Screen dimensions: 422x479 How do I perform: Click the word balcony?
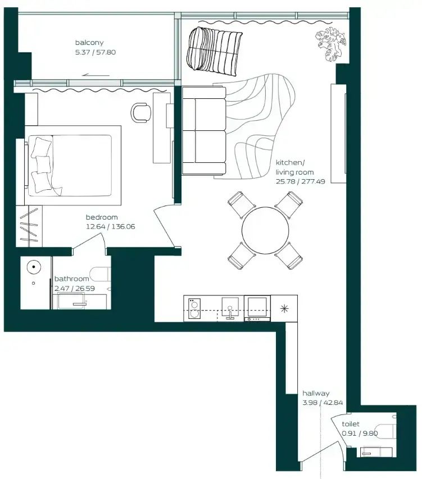point(89,43)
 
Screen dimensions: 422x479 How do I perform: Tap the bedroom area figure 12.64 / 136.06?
point(110,227)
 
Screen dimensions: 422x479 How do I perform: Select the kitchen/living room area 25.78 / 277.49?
point(301,181)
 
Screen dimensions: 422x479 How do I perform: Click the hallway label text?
point(316,394)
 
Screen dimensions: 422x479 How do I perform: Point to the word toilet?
point(351,424)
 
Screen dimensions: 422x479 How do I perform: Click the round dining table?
point(265,230)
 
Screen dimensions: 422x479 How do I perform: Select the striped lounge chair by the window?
point(215,51)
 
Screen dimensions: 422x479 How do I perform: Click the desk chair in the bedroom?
point(141,112)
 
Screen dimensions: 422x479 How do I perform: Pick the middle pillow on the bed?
point(43,165)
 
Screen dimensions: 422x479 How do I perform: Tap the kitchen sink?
point(230,308)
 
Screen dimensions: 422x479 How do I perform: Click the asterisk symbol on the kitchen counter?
point(284,308)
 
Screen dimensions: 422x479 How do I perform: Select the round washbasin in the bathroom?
point(34,267)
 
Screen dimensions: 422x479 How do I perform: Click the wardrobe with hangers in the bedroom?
point(29,226)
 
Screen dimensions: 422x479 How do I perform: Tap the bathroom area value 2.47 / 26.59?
point(75,289)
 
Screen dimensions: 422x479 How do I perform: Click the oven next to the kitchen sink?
point(257,308)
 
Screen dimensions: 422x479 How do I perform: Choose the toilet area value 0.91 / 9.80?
point(360,434)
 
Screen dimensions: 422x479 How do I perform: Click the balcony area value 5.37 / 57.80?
point(96,52)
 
